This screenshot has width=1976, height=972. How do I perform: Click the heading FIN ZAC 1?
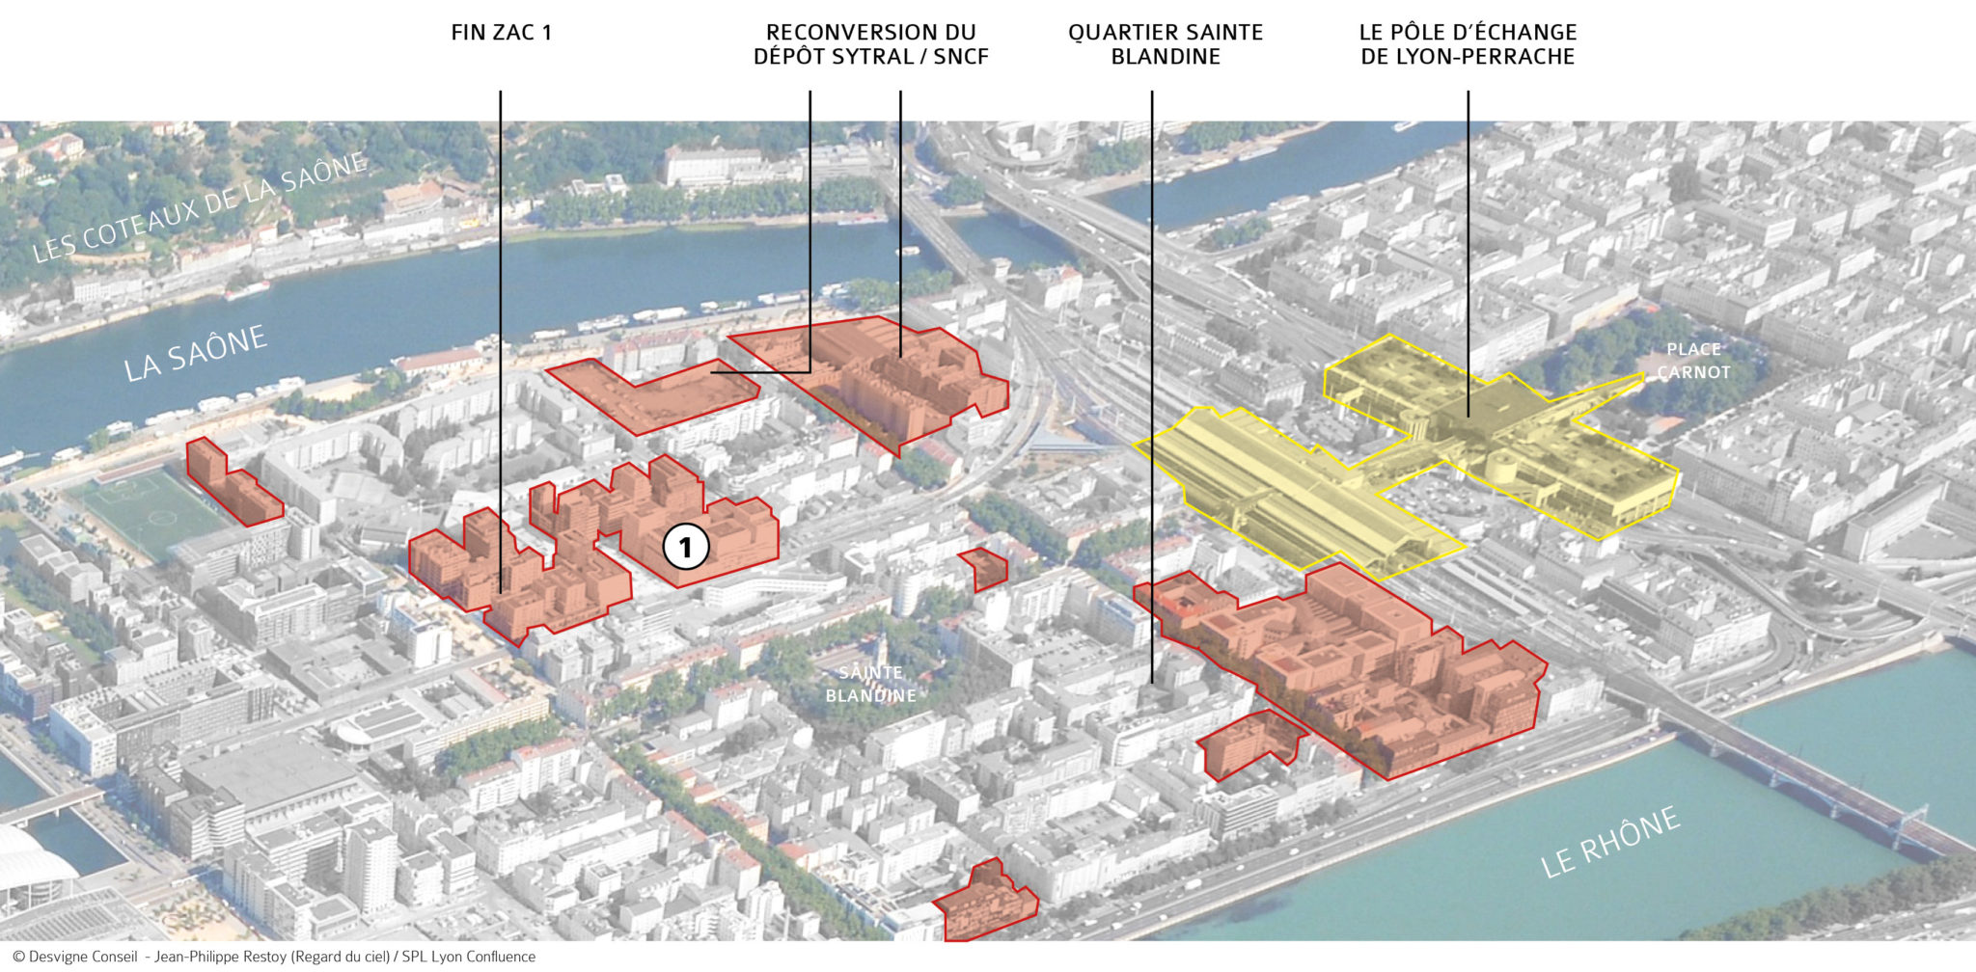pos(501,33)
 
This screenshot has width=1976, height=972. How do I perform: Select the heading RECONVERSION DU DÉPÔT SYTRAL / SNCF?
pos(870,44)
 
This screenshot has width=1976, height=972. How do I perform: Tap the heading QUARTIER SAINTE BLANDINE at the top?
pos(1165,44)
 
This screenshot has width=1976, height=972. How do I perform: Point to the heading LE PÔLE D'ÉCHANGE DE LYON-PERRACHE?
pos(1468,44)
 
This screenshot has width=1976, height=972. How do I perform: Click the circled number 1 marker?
pos(685,548)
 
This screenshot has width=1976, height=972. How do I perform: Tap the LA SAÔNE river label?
pos(195,353)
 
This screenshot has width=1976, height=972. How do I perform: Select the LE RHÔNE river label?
pos(1609,843)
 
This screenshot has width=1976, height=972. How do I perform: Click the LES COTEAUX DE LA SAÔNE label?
pos(200,207)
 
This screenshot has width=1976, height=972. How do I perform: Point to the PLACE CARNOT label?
pos(1692,361)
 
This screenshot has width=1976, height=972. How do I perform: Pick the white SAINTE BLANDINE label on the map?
pos(870,684)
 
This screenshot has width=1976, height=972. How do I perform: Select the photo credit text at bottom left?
pos(274,957)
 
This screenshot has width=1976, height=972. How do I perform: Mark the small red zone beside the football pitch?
pos(232,483)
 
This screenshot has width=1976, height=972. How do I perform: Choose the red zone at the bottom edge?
pos(986,903)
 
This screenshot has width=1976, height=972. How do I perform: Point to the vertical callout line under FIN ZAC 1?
pos(501,289)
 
